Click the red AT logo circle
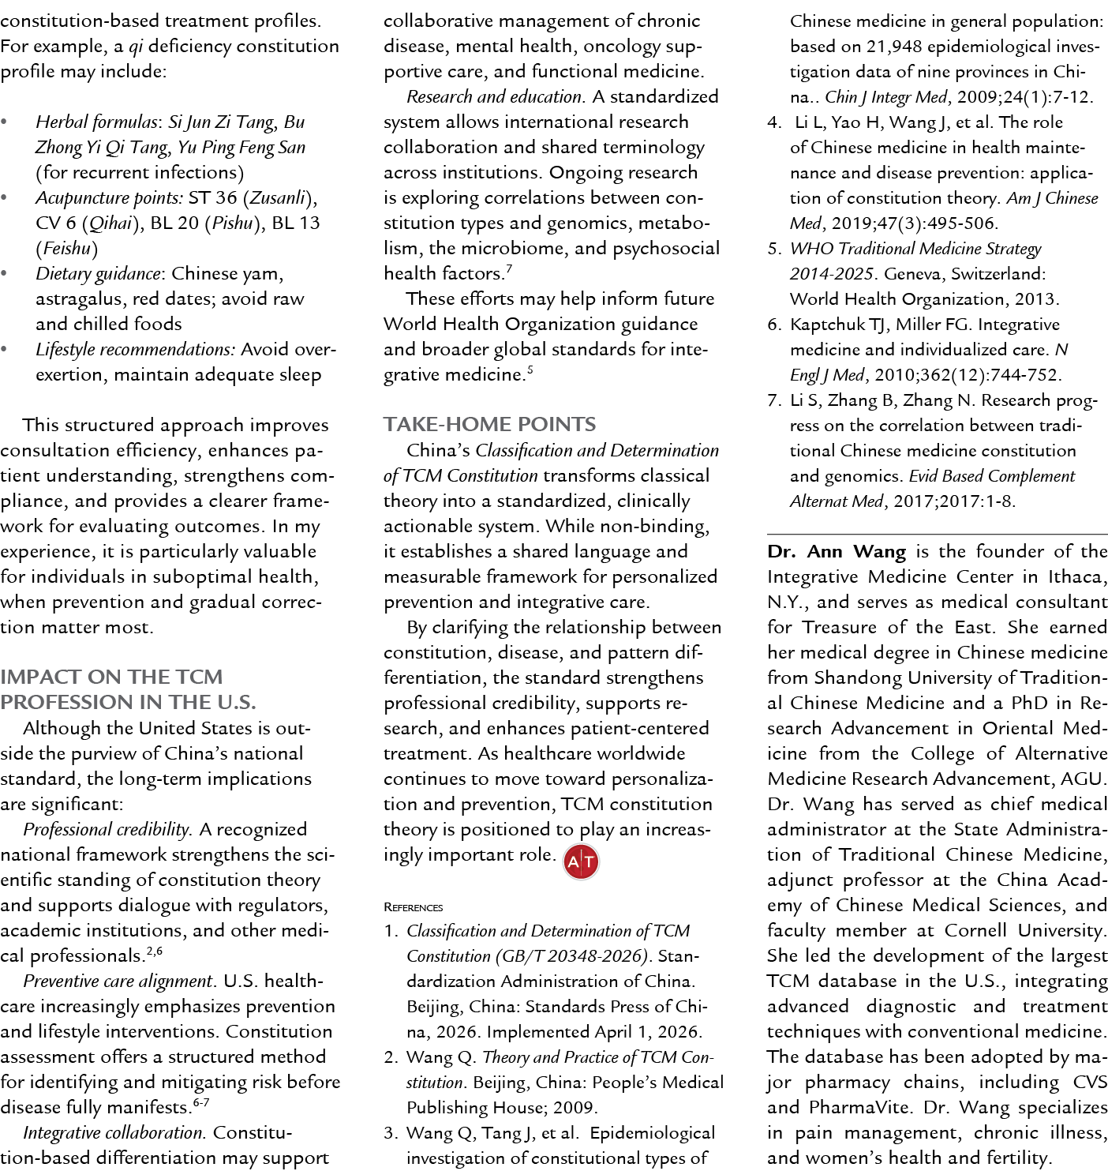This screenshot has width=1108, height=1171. coord(581,861)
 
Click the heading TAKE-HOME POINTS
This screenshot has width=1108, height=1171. coord(489,424)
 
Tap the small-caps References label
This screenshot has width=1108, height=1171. coord(414,907)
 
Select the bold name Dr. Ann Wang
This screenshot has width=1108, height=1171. coord(837,552)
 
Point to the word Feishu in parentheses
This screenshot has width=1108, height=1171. coord(66,249)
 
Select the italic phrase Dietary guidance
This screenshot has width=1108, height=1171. coord(98,274)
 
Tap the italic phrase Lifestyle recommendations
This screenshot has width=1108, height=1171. coord(135,350)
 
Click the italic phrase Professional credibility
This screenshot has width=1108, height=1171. coord(107,830)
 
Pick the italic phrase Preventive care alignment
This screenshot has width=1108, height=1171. coord(118,981)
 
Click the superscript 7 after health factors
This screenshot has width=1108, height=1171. coord(509,269)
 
